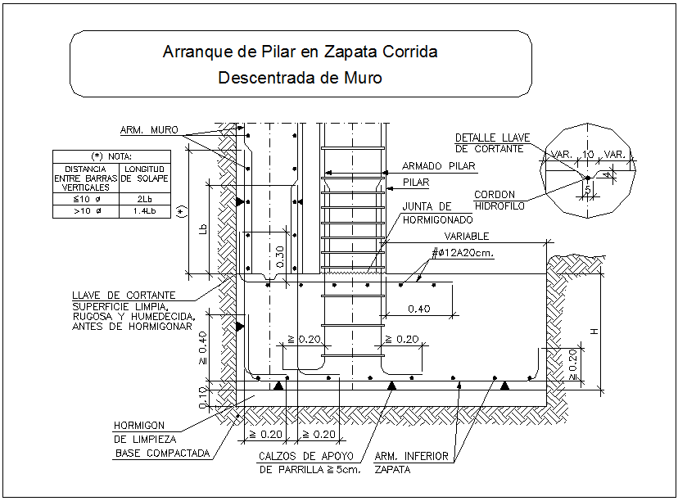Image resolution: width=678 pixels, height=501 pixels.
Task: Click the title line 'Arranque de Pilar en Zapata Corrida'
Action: point(300,52)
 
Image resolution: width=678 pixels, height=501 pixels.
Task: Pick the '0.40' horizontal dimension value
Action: point(419,309)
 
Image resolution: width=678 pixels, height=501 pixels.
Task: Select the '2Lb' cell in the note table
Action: point(144,198)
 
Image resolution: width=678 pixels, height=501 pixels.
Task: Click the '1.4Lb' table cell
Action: point(144,211)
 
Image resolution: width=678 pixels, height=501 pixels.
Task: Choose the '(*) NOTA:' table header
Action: point(111,156)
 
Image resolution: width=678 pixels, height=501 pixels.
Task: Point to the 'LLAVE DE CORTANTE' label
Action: point(124,295)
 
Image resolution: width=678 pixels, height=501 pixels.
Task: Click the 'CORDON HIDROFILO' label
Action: point(499,201)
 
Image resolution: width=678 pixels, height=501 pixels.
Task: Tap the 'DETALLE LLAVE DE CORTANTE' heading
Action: point(490,143)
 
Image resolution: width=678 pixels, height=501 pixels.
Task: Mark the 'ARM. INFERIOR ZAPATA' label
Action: point(411,463)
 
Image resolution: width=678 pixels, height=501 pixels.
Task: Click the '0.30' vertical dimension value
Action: point(281,258)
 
